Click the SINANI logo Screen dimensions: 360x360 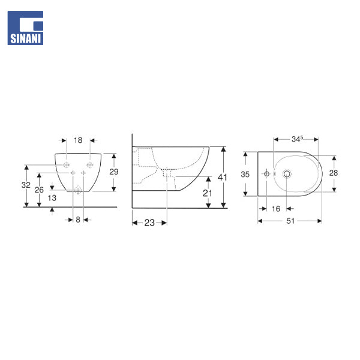25,28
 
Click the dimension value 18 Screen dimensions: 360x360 78,140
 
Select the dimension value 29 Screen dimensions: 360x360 113,172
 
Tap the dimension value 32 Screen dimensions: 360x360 26,185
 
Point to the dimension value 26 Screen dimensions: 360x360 39,190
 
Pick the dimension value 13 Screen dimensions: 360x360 52,198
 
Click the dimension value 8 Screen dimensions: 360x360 78,220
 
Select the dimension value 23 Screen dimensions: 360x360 149,223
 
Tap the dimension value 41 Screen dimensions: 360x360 222,177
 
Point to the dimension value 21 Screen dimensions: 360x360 208,193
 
